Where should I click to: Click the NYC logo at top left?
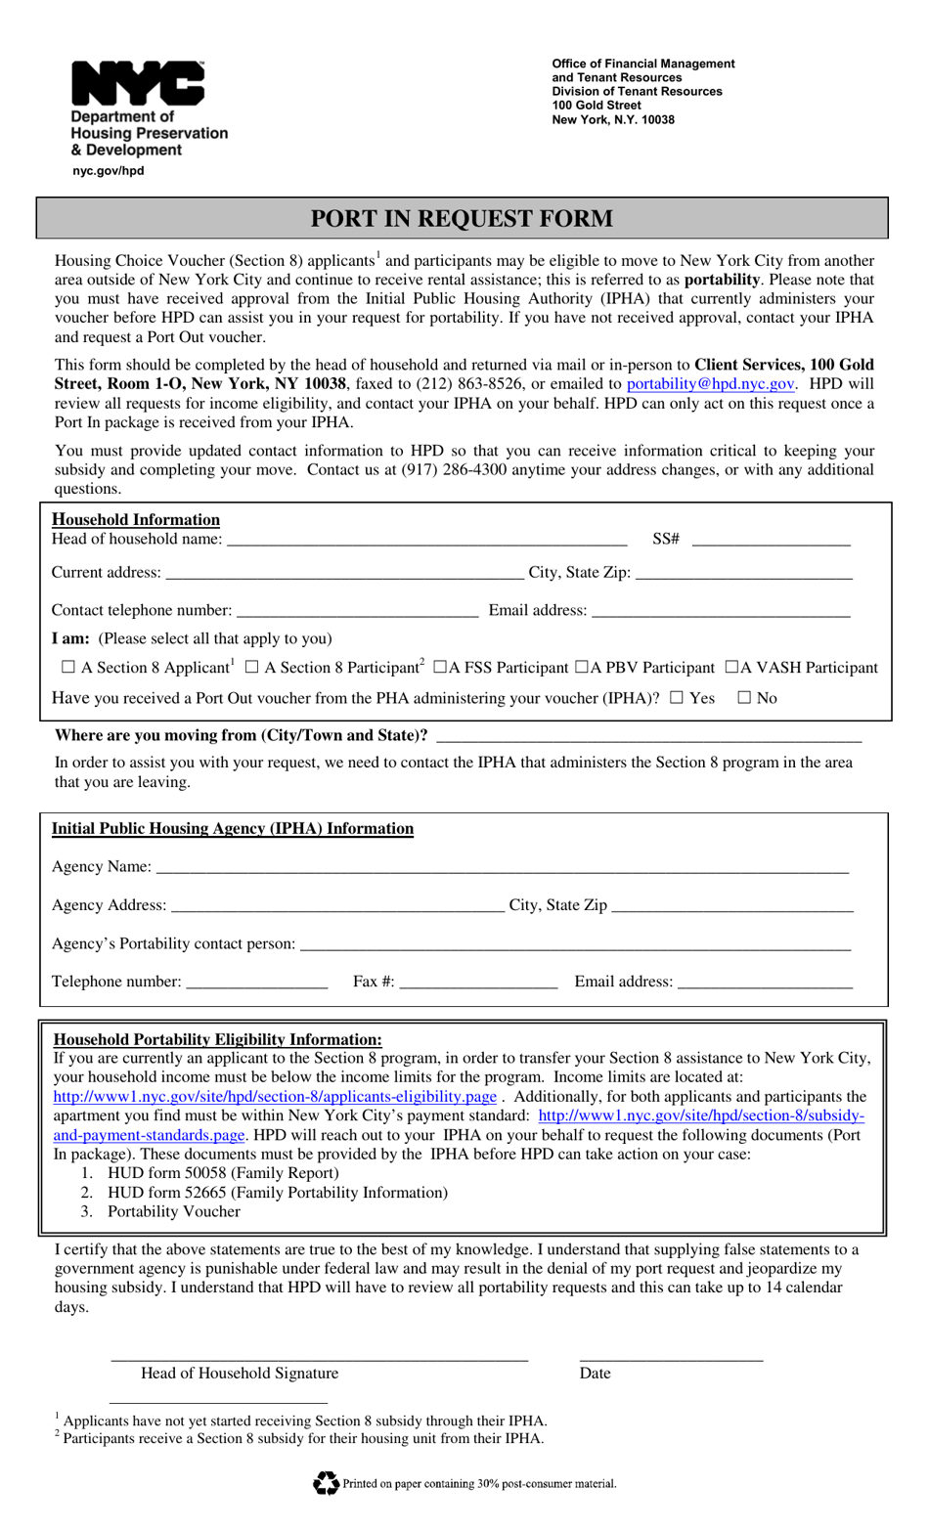pos(138,84)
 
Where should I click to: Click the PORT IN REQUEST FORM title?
pos(462,218)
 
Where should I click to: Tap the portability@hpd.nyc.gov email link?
pos(710,384)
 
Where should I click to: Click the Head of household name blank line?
pos(426,538)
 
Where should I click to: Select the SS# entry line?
pos(771,538)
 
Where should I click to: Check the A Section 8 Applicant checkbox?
pos(67,667)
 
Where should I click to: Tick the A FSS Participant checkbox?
pos(440,667)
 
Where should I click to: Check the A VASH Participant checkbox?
pos(731,667)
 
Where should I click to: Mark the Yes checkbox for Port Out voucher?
pos(677,697)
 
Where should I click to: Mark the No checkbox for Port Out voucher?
pos(744,697)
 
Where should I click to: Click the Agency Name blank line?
pos(502,866)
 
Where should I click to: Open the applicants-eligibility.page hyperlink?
pos(275,1097)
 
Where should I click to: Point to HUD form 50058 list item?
pos(223,1173)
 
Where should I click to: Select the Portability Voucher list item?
pos(174,1211)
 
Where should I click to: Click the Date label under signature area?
pos(595,1374)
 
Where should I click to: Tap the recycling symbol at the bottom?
pos(326,1483)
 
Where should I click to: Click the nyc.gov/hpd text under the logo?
pos(109,170)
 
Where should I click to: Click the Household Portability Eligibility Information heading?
pos(217,1039)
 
